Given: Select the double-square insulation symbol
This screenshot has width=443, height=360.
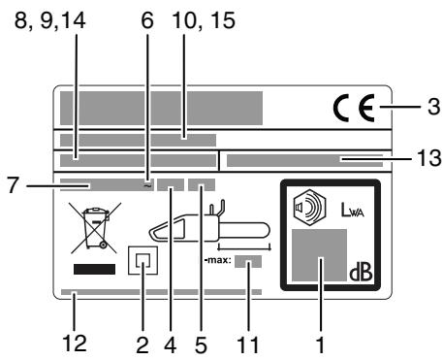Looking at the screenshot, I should coord(143,262).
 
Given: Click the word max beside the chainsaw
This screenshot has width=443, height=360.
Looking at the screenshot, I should coord(215,261).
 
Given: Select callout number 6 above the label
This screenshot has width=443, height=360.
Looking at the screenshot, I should coord(146,45).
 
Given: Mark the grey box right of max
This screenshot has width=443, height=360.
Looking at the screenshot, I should coord(248,261).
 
